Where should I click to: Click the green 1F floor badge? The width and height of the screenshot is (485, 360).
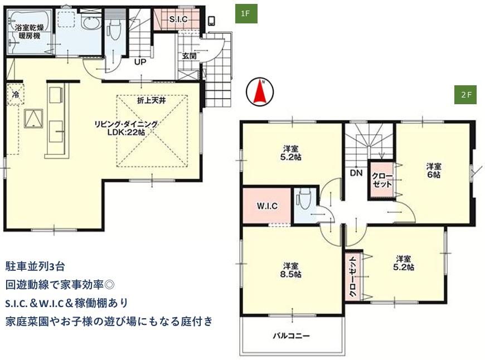pyautogui.click(x=246, y=13)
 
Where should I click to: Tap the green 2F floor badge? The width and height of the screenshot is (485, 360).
pyautogui.click(x=465, y=95)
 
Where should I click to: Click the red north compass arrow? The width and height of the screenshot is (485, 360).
pyautogui.click(x=260, y=92)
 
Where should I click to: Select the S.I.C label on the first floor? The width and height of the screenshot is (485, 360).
pyautogui.click(x=178, y=19)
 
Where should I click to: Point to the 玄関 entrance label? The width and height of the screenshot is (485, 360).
pyautogui.click(x=189, y=56)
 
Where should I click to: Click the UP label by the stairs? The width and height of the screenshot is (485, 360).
pyautogui.click(x=140, y=62)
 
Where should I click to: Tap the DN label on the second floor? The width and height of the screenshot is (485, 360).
pyautogui.click(x=356, y=173)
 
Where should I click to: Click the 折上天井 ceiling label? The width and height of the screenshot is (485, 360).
pyautogui.click(x=152, y=100)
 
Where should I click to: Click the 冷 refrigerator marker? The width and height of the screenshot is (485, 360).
pyautogui.click(x=15, y=94)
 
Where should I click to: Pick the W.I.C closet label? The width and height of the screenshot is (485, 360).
pyautogui.click(x=267, y=206)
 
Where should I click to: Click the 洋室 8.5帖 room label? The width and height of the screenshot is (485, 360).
pyautogui.click(x=291, y=270)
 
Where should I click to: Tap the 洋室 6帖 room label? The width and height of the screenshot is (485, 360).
pyautogui.click(x=434, y=171)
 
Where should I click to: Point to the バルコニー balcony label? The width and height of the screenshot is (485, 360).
pyautogui.click(x=292, y=335)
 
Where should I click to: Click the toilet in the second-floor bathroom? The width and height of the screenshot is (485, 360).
pyautogui.click(x=303, y=198)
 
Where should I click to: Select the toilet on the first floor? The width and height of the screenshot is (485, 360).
pyautogui.click(x=114, y=30)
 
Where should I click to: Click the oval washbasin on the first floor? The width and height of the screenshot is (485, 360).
pyautogui.click(x=91, y=23)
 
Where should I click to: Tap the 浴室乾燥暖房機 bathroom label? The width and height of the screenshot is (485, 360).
pyautogui.click(x=30, y=31)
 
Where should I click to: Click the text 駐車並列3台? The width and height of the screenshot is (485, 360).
pyautogui.click(x=35, y=266)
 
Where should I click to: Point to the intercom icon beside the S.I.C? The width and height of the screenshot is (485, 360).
pyautogui.click(x=212, y=21)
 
